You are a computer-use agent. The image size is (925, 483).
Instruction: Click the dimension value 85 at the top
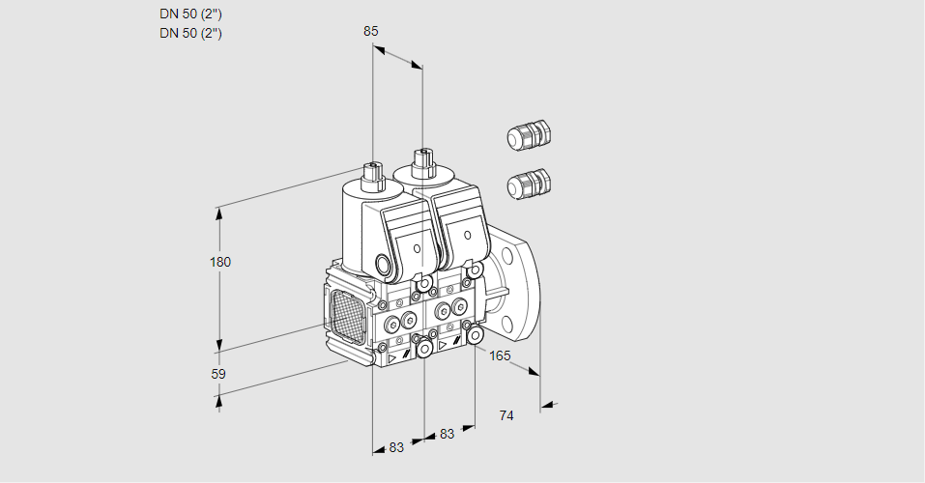tap(371, 31)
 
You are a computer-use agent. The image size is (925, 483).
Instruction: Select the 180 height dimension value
tap(221, 262)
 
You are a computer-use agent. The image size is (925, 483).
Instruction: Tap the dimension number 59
tap(218, 374)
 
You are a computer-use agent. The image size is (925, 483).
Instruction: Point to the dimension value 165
tap(500, 356)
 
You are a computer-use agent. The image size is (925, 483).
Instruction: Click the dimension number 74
tap(506, 415)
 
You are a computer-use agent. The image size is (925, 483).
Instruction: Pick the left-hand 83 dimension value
tap(396, 446)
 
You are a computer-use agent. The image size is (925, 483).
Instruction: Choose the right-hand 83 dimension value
tap(447, 434)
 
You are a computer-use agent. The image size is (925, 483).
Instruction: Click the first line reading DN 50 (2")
tap(190, 14)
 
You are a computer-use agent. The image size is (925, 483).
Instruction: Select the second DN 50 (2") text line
tap(190, 33)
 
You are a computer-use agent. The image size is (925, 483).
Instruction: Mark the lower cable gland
tap(529, 183)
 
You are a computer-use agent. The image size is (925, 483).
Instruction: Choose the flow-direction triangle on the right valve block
tap(443, 344)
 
